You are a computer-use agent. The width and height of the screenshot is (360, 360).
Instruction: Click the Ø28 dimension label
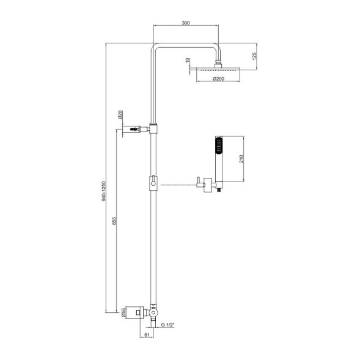(122, 114)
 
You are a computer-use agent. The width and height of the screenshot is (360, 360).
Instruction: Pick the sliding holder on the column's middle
(153, 182)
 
